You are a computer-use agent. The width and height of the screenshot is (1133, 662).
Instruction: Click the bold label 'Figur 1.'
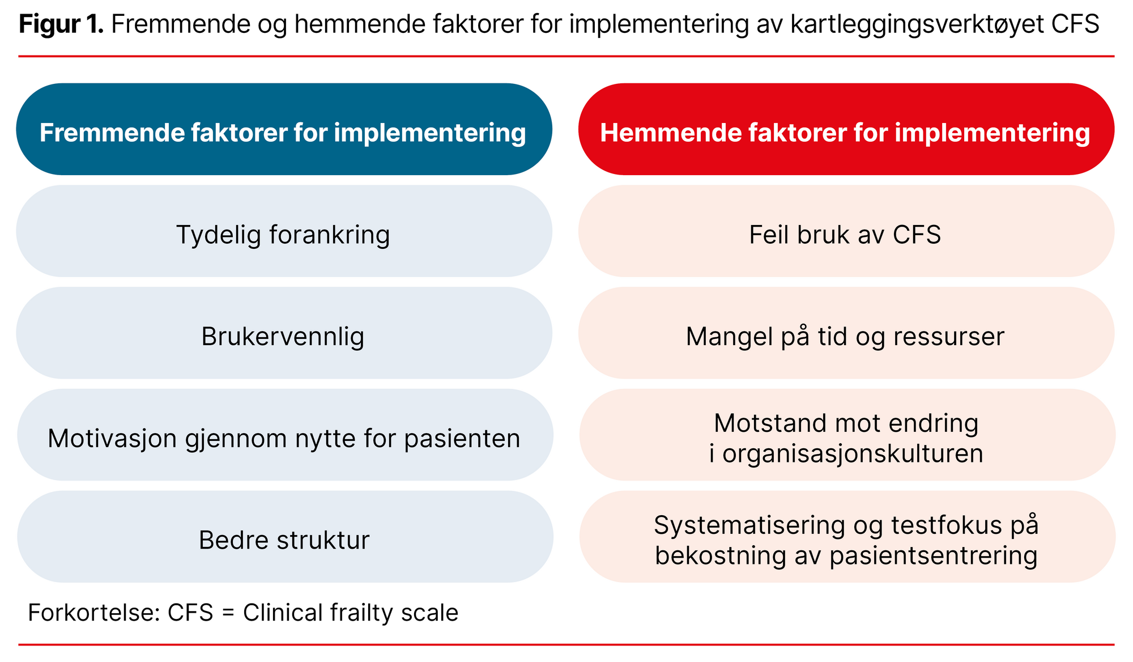tap(61, 24)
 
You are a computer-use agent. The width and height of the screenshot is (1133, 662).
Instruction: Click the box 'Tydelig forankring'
tap(283, 232)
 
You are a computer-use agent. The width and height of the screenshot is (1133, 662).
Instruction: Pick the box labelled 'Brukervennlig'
tap(283, 334)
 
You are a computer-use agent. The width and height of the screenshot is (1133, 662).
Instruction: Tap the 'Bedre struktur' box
tap(283, 537)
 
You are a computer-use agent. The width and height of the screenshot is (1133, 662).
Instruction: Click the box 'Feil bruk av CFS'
tap(846, 232)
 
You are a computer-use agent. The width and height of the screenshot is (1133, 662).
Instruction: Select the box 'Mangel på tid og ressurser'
tap(846, 334)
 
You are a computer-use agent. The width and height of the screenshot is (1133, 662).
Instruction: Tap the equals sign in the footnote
tap(228, 613)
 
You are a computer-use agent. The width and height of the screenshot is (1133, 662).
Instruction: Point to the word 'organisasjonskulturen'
tap(853, 454)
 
